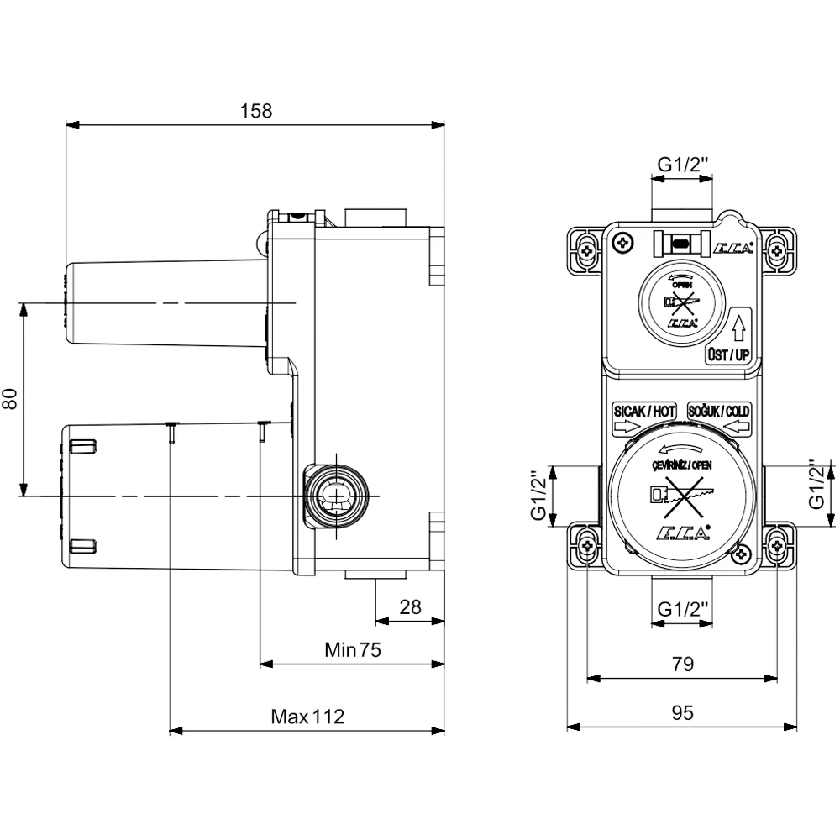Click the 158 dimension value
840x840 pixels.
pyautogui.click(x=256, y=111)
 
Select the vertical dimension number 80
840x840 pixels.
pyautogui.click(x=11, y=399)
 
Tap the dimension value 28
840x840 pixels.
pyautogui.click(x=410, y=607)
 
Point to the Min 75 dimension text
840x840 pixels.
pyautogui.click(x=353, y=649)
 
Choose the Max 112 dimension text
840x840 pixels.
pyautogui.click(x=307, y=717)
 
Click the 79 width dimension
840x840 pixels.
pyautogui.click(x=682, y=664)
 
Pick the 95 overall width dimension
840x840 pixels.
pyautogui.click(x=682, y=712)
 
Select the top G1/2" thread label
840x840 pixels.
pyautogui.click(x=683, y=165)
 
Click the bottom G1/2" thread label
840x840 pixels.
pyautogui.click(x=682, y=607)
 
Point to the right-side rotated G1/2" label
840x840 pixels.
pyautogui.click(x=815, y=496)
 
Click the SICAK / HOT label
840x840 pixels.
pyautogui.click(x=643, y=412)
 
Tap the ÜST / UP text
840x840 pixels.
pyautogui.click(x=727, y=355)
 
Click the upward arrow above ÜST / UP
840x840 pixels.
pyautogui.click(x=738, y=326)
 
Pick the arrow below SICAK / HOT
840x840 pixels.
pyautogui.click(x=626, y=428)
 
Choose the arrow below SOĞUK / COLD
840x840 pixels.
pyautogui.click(x=737, y=428)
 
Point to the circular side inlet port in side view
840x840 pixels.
pyautogui.click(x=337, y=495)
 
